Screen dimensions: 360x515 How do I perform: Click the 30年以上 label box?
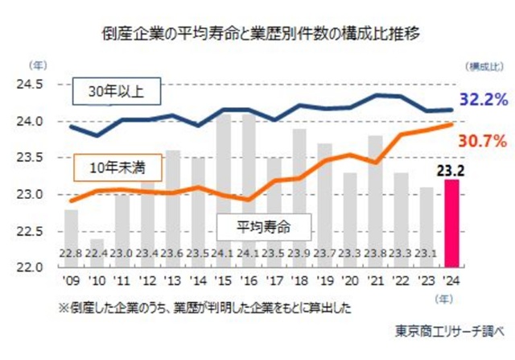pyautogui.click(x=116, y=91)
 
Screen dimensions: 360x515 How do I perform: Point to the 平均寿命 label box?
pyautogui.click(x=263, y=226)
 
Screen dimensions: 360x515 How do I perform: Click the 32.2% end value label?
pyautogui.click(x=484, y=101)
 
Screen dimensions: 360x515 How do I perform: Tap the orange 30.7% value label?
pyautogui.click(x=482, y=141)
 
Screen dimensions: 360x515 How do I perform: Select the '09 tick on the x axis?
pyautogui.click(x=72, y=281)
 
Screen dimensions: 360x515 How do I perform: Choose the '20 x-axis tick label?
pyautogui.click(x=350, y=281)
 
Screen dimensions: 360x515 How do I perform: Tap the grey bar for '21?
pyautogui.click(x=375, y=201)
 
